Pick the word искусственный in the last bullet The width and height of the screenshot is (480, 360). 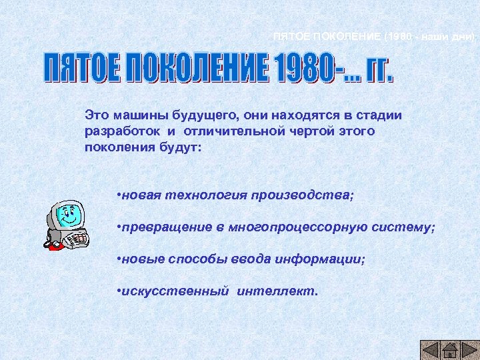click(x=175, y=291)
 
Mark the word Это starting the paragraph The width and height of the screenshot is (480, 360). click(x=97, y=115)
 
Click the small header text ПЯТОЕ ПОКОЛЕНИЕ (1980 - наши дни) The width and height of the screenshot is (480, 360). click(x=374, y=36)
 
